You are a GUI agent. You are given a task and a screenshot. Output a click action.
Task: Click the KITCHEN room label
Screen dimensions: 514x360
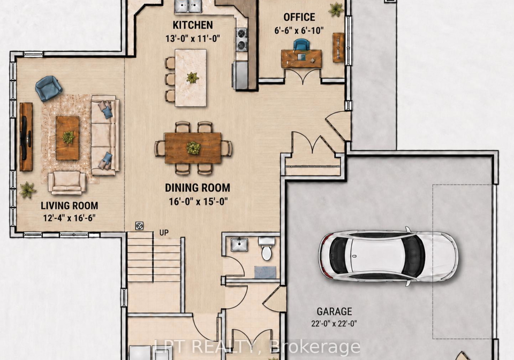click(x=192, y=25)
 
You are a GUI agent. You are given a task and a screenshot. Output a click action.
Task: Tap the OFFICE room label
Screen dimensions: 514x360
click(x=299, y=17)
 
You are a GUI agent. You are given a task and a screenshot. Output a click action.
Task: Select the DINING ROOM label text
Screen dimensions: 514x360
click(x=198, y=188)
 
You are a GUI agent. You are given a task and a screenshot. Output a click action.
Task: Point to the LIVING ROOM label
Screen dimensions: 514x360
click(x=69, y=206)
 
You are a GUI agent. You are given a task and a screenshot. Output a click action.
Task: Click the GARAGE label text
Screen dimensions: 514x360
click(x=334, y=311)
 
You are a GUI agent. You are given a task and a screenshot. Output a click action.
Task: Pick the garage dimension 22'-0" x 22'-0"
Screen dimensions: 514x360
click(x=334, y=324)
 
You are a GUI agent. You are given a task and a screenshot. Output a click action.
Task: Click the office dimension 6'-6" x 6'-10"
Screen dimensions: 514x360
click(x=299, y=30)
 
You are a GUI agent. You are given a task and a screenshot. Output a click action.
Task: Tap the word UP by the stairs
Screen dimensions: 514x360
click(x=164, y=233)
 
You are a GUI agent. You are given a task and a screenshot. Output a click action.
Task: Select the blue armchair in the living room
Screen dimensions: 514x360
click(x=49, y=88)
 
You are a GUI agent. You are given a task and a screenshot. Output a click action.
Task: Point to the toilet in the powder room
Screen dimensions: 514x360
click(x=267, y=248)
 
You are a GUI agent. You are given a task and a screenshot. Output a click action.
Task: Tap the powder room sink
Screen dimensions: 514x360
click(x=239, y=244)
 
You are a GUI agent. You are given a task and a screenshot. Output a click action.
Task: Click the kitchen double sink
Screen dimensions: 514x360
click(x=188, y=5)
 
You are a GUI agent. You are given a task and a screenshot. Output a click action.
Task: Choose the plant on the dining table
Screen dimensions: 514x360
click(x=193, y=148)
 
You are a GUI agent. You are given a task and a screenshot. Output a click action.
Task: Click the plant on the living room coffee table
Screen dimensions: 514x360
click(x=69, y=137)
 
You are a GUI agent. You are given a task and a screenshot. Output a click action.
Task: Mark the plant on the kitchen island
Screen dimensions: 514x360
click(x=192, y=78)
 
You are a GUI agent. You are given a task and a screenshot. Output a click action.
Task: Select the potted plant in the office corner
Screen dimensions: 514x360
click(x=336, y=9)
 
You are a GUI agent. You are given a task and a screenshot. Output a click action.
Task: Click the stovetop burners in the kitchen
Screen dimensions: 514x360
click(x=241, y=39)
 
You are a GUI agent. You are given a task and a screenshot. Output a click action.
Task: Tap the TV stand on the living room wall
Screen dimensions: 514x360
click(x=26, y=137)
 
